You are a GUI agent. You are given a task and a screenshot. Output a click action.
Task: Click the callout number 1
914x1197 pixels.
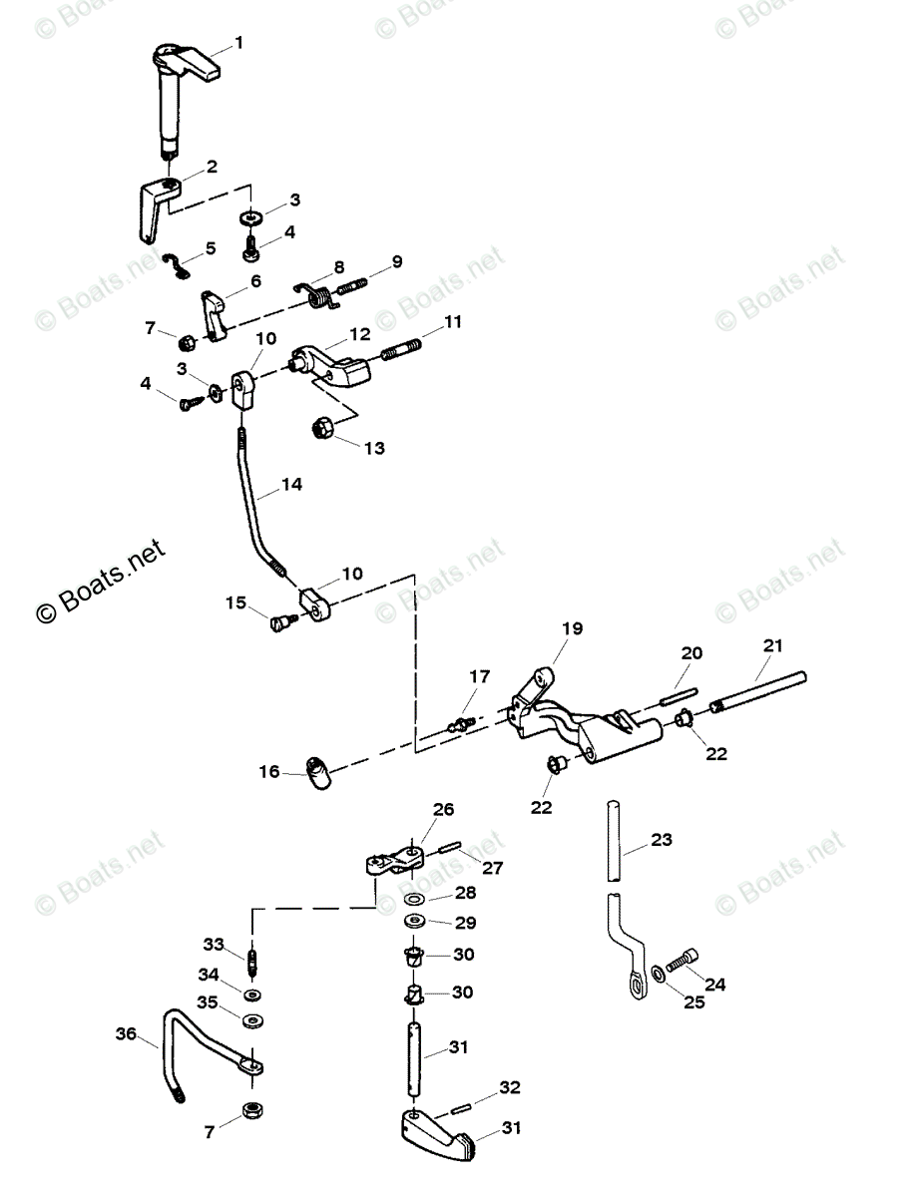click(238, 43)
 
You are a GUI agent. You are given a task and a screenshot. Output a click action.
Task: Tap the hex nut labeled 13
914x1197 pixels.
click(321, 431)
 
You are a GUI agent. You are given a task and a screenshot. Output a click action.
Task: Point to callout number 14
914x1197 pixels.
click(290, 485)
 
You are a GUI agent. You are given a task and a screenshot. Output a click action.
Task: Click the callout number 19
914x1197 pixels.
click(571, 628)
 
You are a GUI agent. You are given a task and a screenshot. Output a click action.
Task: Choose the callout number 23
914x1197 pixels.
click(663, 840)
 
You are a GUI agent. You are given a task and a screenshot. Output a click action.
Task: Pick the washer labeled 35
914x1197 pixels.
click(253, 1020)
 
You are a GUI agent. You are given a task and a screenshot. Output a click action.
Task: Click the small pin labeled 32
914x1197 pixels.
click(458, 1104)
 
